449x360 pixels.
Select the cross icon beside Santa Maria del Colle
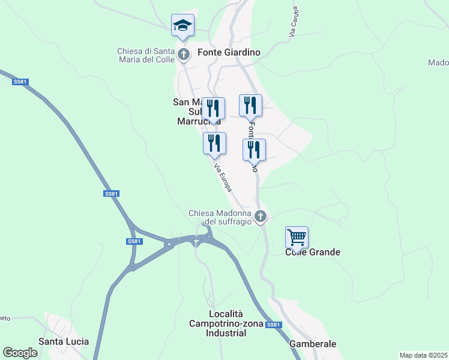(184, 56)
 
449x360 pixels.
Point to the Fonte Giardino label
(229, 52)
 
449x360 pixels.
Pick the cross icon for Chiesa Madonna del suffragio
(260, 217)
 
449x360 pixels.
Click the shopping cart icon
(297, 238)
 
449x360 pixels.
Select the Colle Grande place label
(312, 252)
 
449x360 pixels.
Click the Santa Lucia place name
(64, 341)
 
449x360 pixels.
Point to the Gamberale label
(312, 344)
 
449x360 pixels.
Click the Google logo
(20, 353)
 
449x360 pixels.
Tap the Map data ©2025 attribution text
(423, 355)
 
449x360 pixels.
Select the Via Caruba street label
(294, 23)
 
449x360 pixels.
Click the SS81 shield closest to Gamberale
(273, 325)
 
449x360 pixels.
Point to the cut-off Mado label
(438, 62)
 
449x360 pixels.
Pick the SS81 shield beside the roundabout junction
(134, 241)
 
